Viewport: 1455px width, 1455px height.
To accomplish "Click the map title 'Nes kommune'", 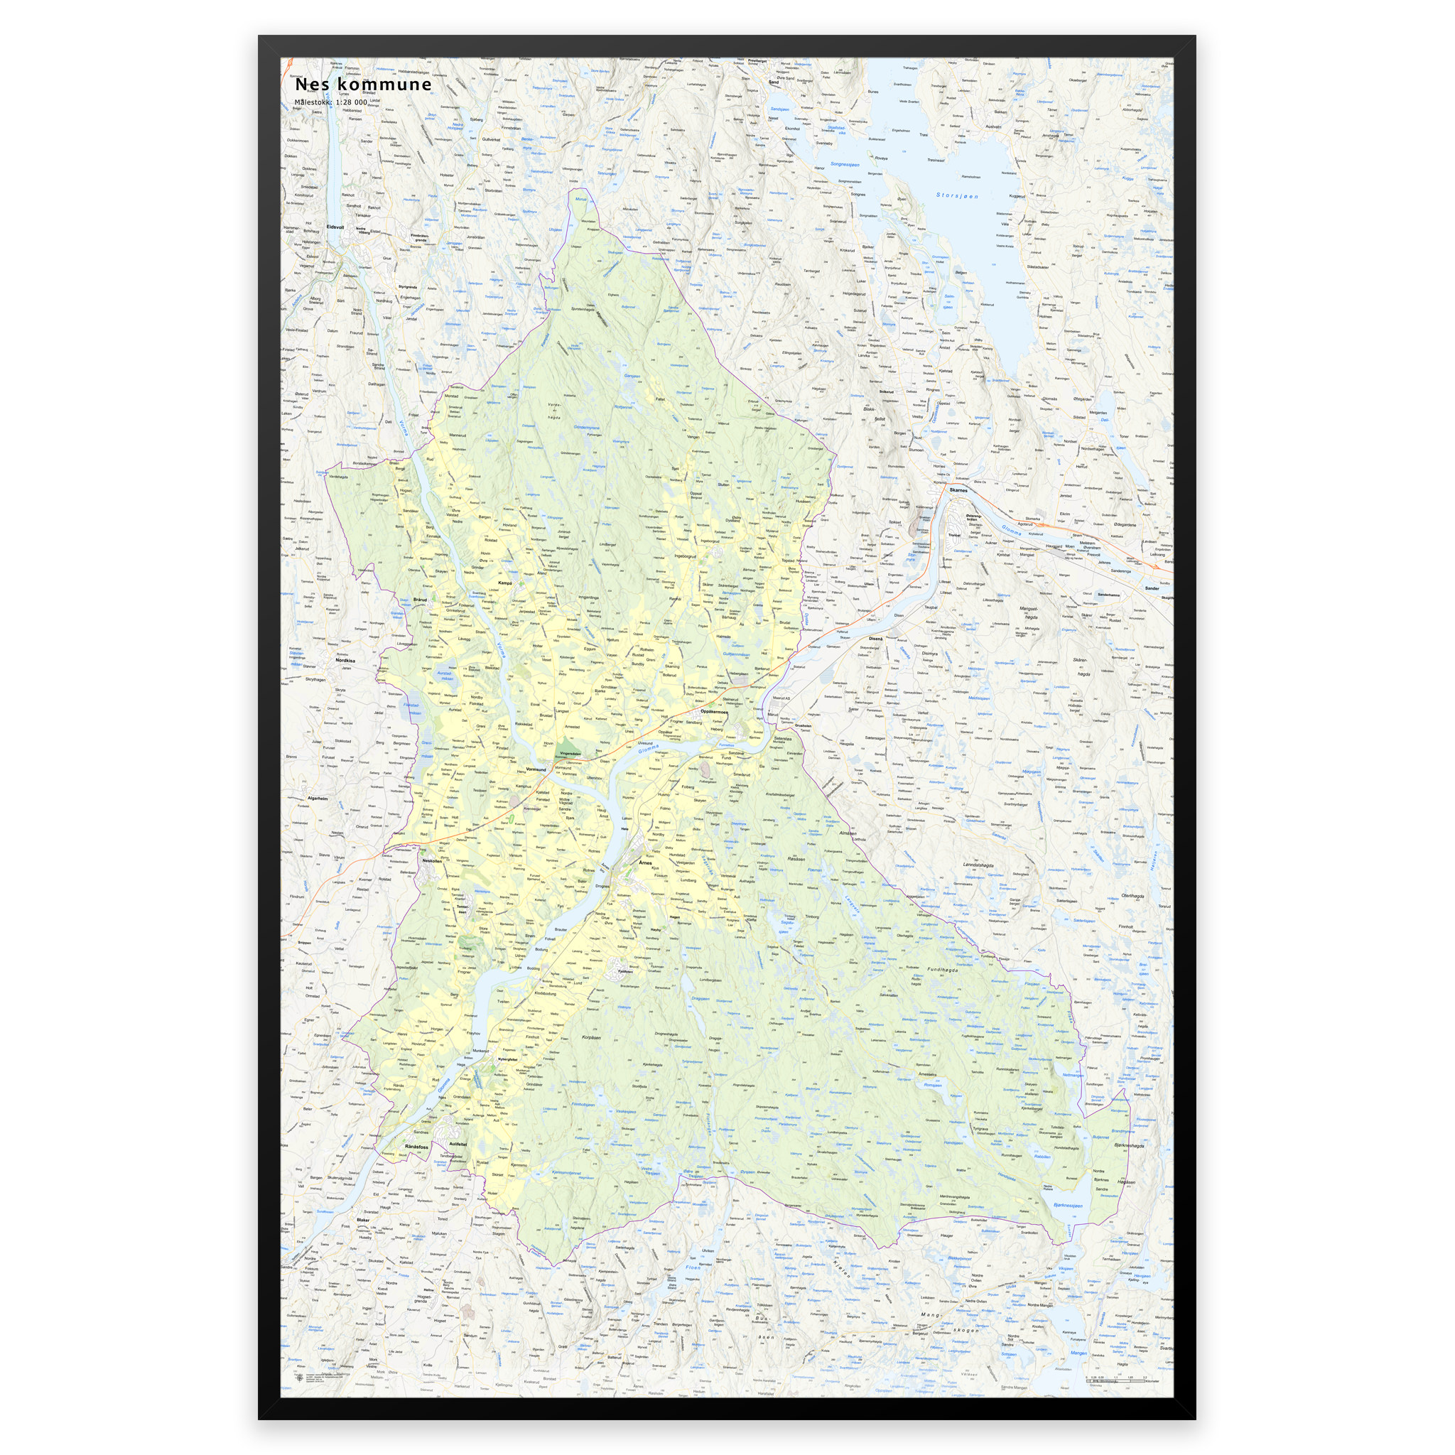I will tap(363, 85).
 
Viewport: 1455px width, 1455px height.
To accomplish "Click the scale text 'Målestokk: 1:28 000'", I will tap(330, 102).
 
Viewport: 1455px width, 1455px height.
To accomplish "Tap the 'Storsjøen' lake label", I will tap(957, 196).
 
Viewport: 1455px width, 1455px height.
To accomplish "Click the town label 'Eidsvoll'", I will tap(335, 227).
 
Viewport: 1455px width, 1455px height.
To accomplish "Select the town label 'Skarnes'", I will tap(958, 490).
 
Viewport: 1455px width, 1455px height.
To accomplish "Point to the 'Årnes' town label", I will tap(645, 863).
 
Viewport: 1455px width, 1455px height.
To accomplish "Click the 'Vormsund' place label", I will tap(536, 769).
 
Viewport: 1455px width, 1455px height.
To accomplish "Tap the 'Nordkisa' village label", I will tap(345, 661).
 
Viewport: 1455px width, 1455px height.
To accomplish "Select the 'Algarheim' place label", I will tap(317, 799).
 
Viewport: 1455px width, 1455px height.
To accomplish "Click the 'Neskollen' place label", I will tap(432, 861).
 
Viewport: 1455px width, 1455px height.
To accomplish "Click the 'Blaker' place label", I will tap(363, 1220).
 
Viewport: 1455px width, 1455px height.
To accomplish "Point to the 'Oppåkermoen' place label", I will tap(714, 712).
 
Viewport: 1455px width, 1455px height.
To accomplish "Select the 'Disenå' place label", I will tap(875, 639).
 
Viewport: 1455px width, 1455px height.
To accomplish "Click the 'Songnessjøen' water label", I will tap(844, 164).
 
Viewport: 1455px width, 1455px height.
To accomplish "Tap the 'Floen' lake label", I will tap(693, 1267).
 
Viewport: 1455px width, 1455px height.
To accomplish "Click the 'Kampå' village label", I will tap(504, 583).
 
